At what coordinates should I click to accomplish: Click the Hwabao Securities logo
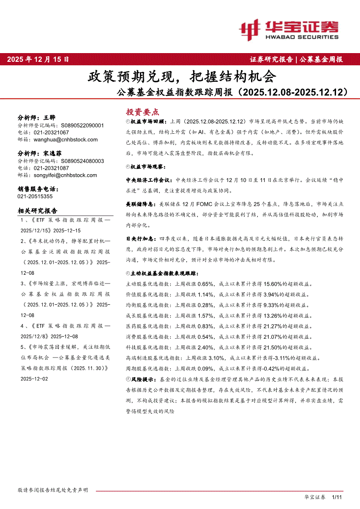(289, 30)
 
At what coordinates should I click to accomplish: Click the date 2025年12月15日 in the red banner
(38, 60)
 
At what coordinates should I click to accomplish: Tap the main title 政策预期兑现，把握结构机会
(182, 77)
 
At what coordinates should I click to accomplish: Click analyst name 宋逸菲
(53, 154)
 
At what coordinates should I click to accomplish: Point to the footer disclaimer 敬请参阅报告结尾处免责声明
(53, 490)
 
